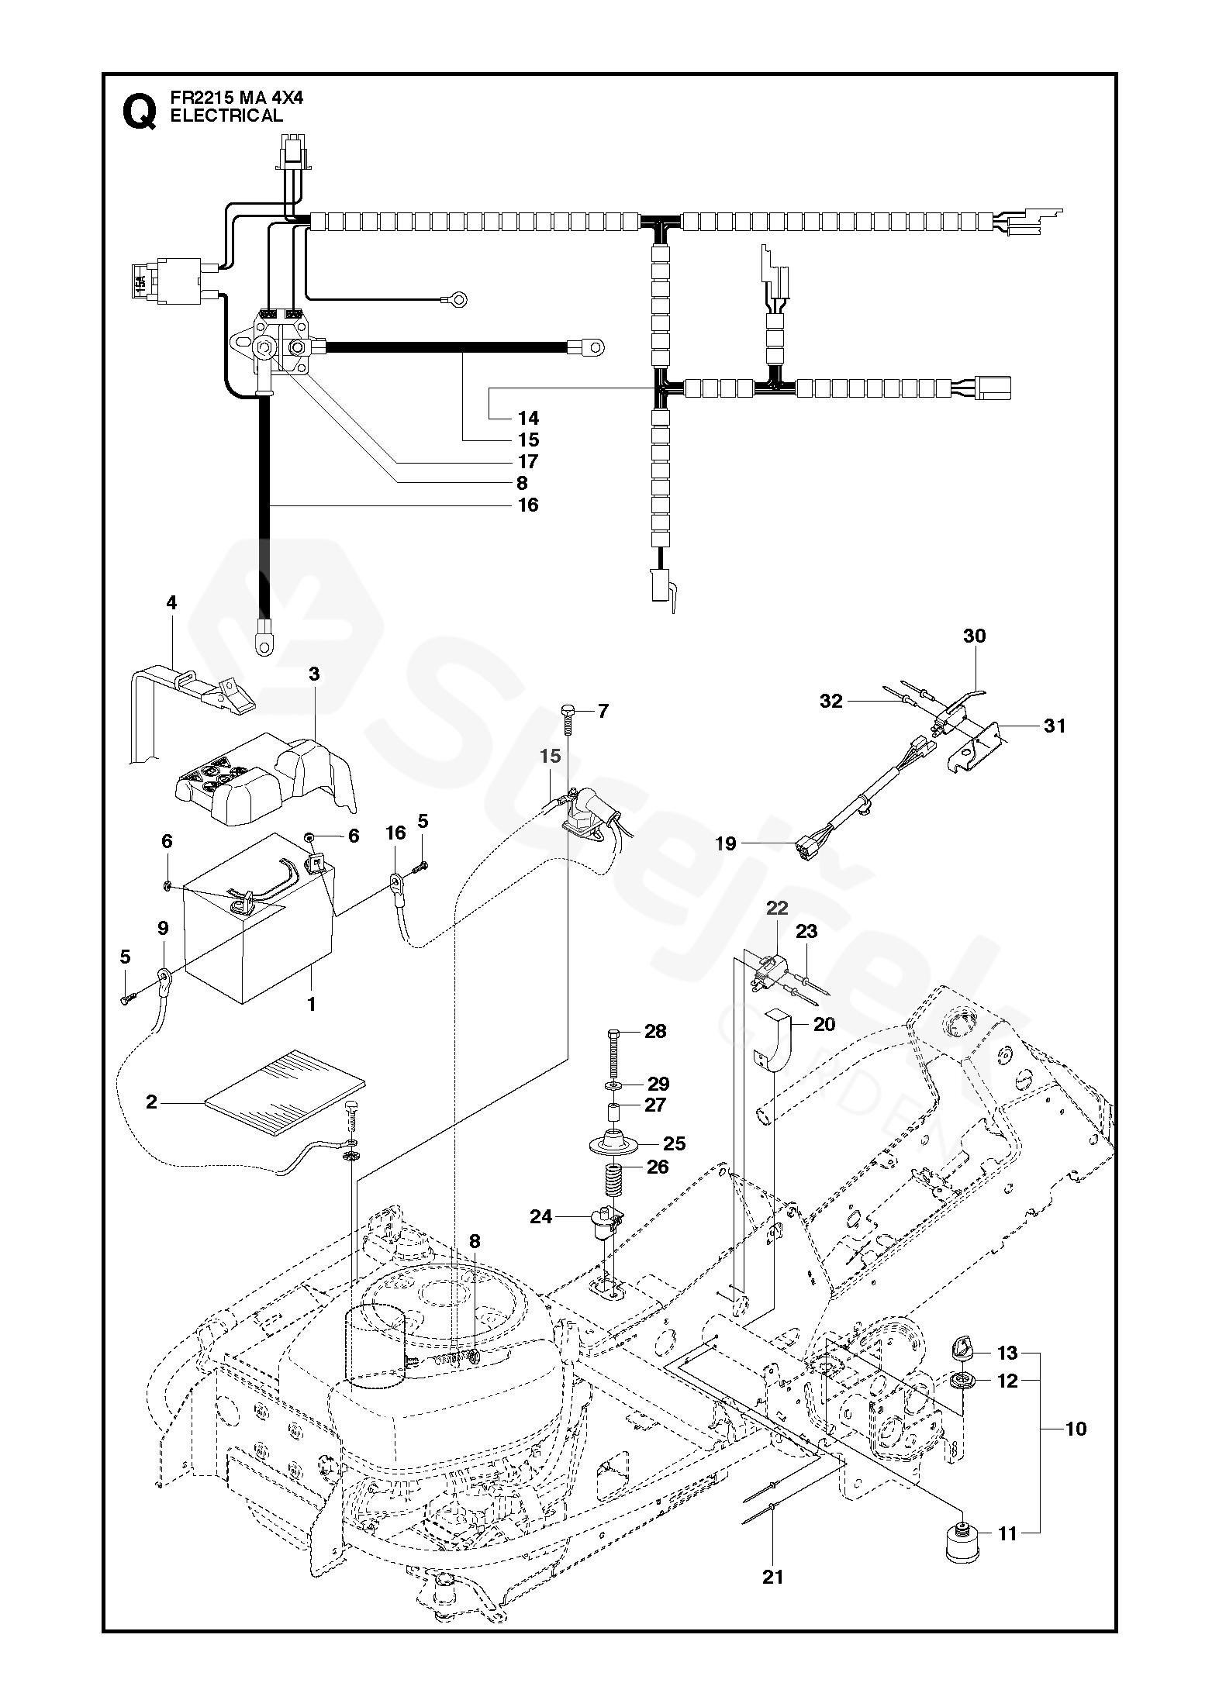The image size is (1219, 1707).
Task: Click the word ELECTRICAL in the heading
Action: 226,116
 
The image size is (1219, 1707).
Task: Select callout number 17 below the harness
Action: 528,461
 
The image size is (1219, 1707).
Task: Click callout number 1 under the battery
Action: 312,1005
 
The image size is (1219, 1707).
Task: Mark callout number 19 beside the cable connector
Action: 726,843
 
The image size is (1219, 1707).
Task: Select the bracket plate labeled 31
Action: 978,743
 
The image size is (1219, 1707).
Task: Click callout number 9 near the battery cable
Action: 162,927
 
